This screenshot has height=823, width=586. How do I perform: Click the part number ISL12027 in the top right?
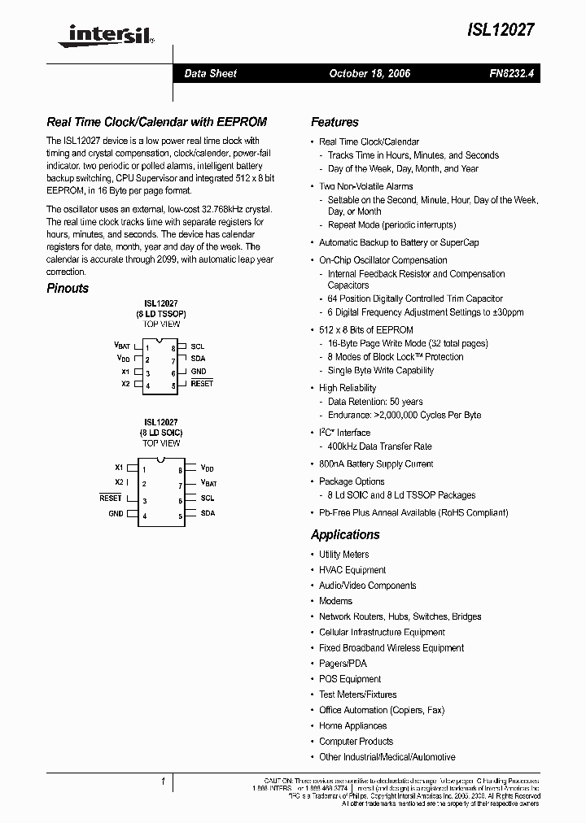(x=501, y=28)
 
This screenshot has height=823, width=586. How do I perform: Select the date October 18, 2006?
(x=370, y=73)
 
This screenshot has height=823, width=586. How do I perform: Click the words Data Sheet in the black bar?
(x=210, y=73)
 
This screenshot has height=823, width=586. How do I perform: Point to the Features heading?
(x=335, y=122)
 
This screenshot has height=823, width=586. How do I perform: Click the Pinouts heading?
(x=68, y=288)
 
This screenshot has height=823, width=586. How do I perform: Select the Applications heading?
(x=345, y=534)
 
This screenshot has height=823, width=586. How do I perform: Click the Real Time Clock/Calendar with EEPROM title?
(x=156, y=122)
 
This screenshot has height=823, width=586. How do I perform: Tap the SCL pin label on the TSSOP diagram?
(x=197, y=346)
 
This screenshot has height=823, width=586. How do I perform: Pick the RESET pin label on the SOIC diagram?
(x=111, y=497)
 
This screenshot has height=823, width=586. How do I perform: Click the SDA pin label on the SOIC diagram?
(x=208, y=513)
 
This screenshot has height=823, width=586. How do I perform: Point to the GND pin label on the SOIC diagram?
(x=116, y=513)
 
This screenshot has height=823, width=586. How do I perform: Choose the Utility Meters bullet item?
(x=343, y=555)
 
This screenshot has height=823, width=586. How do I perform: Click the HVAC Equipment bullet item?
(x=352, y=570)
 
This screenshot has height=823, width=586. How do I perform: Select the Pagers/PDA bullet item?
(x=343, y=664)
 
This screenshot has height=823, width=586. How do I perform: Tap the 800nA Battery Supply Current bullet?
(x=375, y=464)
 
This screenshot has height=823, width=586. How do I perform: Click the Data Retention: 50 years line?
(x=375, y=402)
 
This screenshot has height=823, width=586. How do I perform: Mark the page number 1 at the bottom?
(x=163, y=782)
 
